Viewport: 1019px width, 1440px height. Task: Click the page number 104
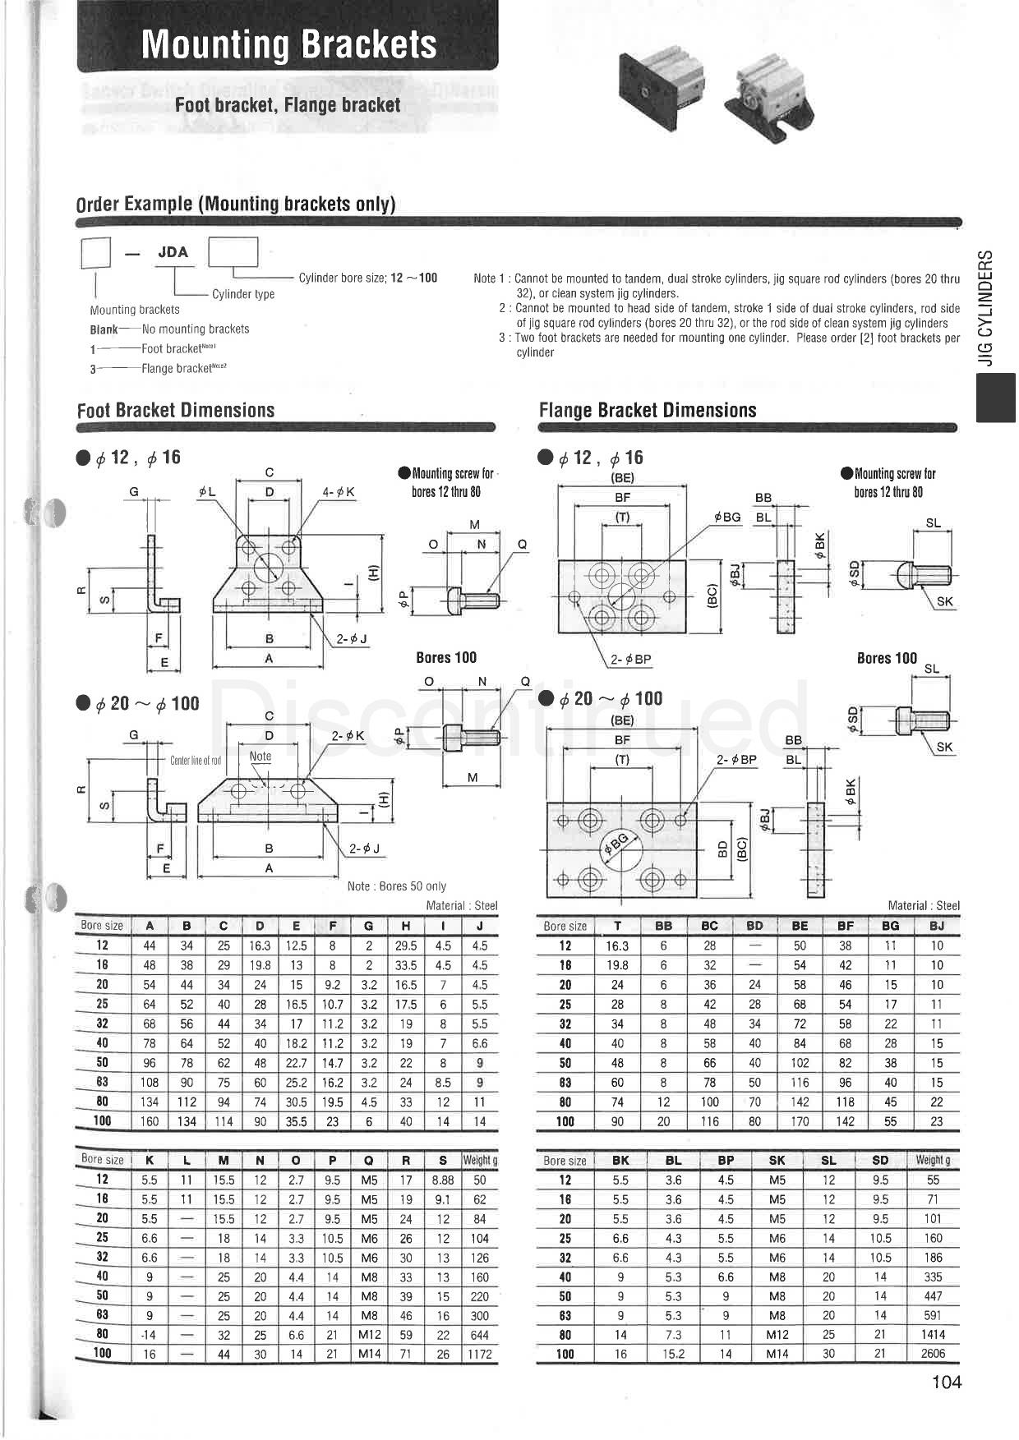click(x=946, y=1382)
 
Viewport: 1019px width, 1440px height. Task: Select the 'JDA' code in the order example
click(x=173, y=252)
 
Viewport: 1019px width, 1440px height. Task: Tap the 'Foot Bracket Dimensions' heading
click(x=176, y=410)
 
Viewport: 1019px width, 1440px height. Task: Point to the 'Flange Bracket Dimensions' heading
click(x=648, y=410)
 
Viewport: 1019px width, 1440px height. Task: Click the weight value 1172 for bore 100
click(x=479, y=1354)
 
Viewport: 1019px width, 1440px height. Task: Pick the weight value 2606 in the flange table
click(x=933, y=1354)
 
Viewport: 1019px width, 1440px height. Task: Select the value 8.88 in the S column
click(x=443, y=1180)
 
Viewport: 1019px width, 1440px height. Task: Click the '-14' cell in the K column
click(x=149, y=1335)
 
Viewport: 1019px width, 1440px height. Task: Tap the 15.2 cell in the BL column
click(x=674, y=1354)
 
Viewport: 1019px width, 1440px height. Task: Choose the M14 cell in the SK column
click(x=777, y=1354)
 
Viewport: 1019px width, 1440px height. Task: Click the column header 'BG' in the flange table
click(x=891, y=926)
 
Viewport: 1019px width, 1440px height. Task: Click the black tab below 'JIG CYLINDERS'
click(x=995, y=398)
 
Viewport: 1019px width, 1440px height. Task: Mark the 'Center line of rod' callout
click(x=196, y=760)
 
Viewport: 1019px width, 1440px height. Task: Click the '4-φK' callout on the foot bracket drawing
click(x=339, y=492)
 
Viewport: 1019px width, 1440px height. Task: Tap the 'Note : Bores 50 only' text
click(x=397, y=886)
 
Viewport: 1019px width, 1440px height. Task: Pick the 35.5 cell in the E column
click(x=296, y=1121)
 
